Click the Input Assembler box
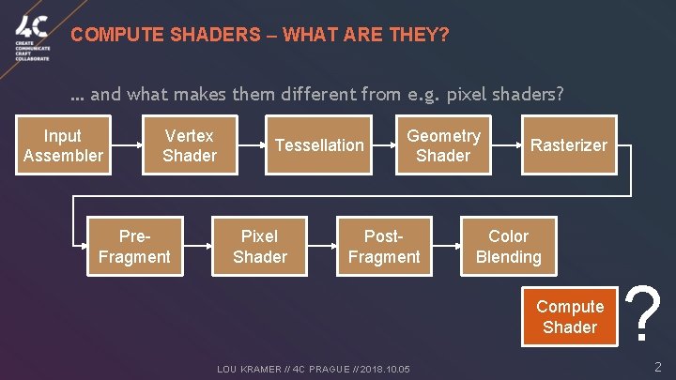[62, 145]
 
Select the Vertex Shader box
[189, 145]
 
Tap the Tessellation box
[318, 145]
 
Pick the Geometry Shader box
[442, 145]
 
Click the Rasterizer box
[569, 145]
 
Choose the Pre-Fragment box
[134, 247]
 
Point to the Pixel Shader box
[260, 247]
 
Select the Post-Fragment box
[384, 247]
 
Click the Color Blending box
[508, 247]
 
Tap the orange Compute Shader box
[569, 316]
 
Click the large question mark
[643, 313]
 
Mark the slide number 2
[657, 368]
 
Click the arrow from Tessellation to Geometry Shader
[380, 146]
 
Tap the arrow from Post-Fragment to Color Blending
[446, 248]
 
